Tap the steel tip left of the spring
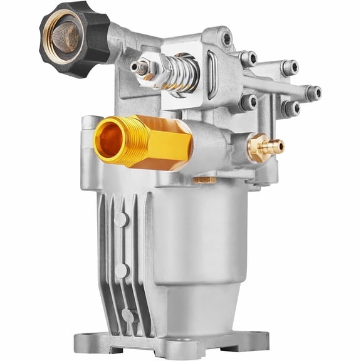pyautogui.click(x=139, y=67)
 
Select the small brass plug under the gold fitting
pyautogui.click(x=202, y=180)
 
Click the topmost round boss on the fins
pyautogui.click(x=121, y=219)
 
